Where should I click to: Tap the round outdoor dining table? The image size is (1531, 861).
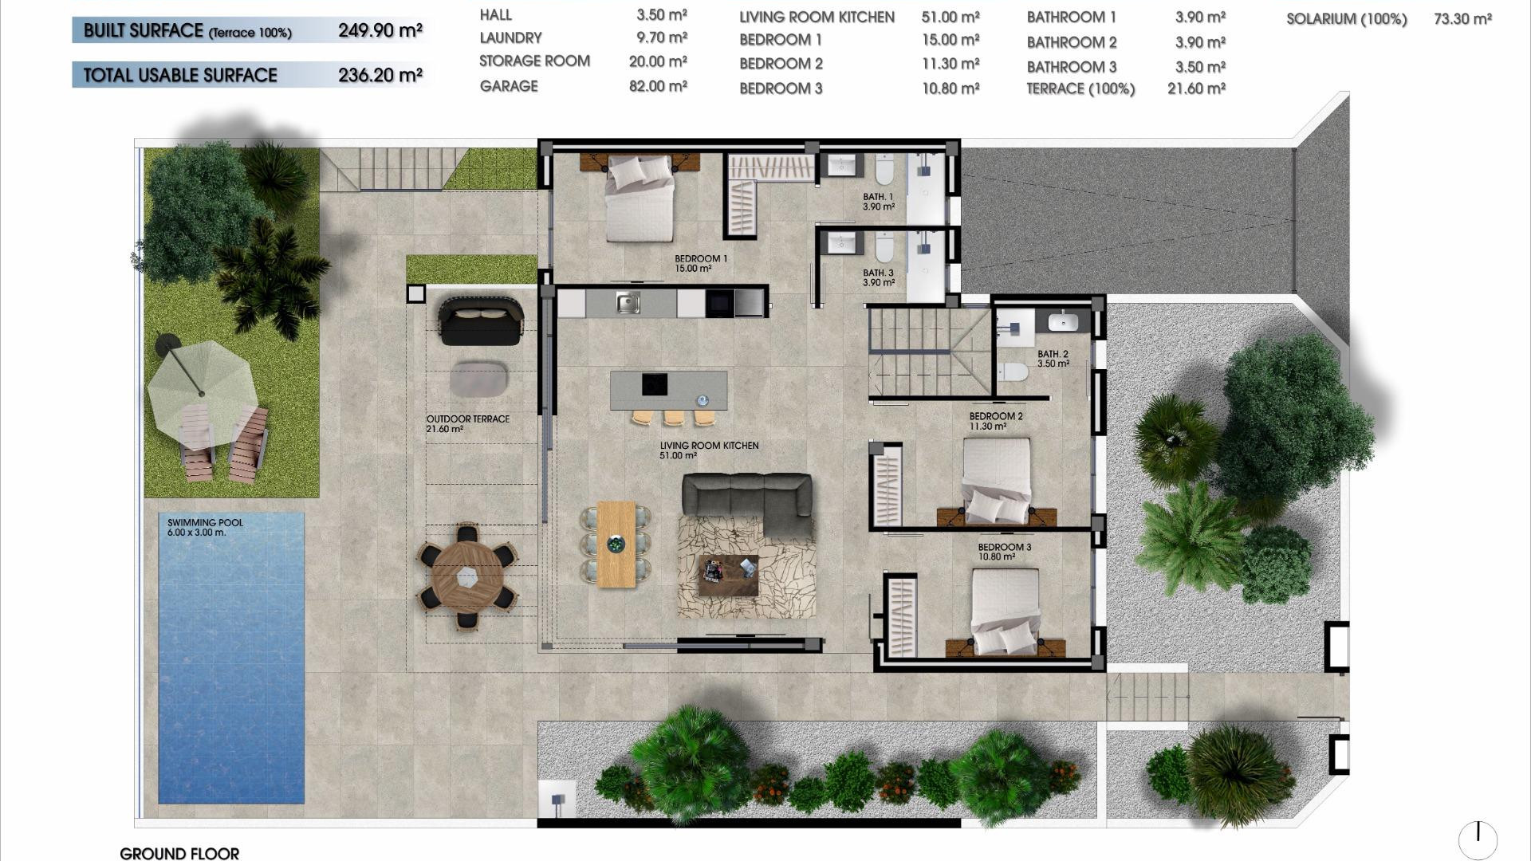(467, 575)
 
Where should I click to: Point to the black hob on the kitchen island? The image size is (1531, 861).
(655, 384)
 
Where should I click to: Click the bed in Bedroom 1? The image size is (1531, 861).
(640, 199)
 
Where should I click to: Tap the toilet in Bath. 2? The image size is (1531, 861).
(1013, 372)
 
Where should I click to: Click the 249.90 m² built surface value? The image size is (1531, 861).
(380, 31)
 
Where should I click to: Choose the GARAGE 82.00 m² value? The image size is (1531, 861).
(658, 86)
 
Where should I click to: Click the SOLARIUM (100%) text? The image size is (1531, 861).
(1346, 19)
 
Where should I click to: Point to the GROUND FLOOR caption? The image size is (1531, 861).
(179, 853)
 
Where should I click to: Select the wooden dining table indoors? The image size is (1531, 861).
(616, 544)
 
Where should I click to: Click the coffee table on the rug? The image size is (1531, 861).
(728, 574)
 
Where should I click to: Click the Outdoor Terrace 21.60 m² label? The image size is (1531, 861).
(467, 423)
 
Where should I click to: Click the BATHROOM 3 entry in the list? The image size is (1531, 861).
(1071, 67)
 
